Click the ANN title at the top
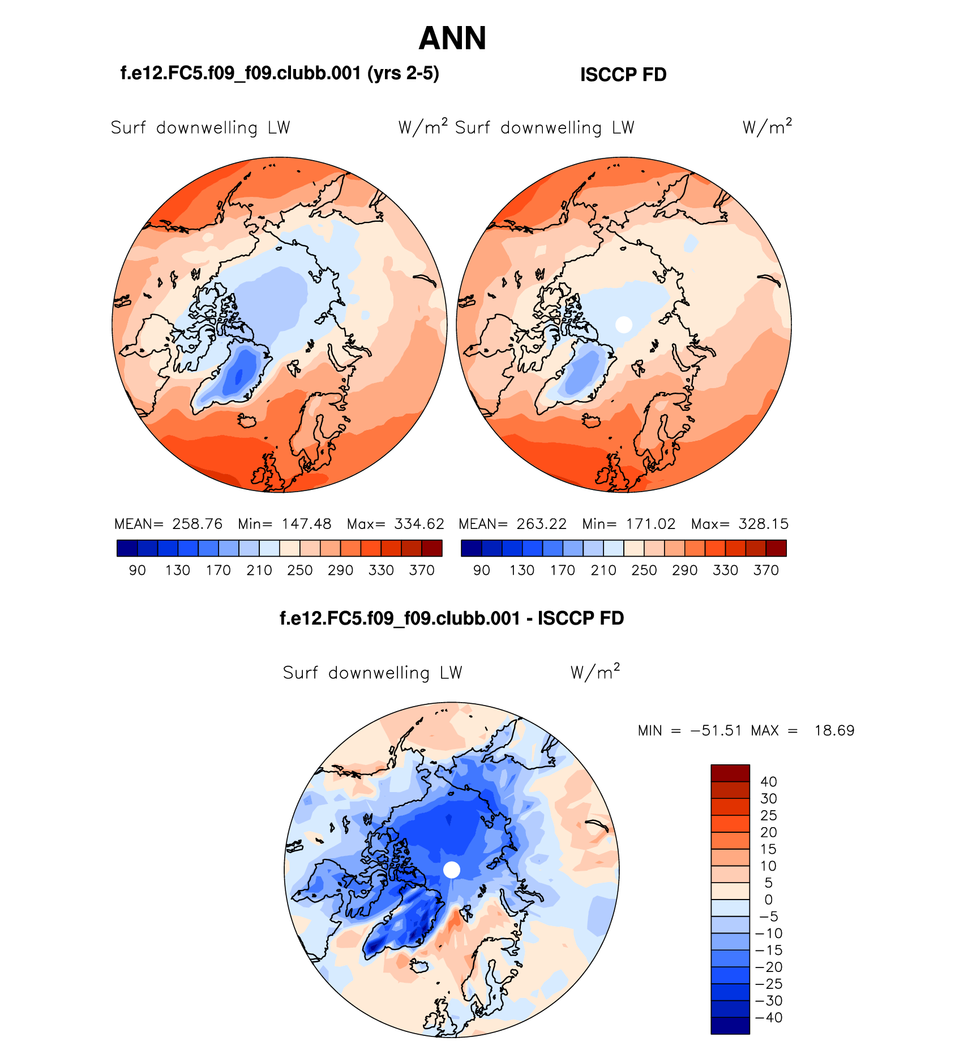(452, 38)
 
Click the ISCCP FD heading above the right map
(623, 75)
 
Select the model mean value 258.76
(198, 524)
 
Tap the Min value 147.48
(306, 524)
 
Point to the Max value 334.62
(419, 524)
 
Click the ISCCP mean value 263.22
(542, 524)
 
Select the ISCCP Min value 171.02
(650, 524)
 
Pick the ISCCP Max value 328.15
(763, 524)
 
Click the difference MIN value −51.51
(716, 730)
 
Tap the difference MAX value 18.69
(834, 730)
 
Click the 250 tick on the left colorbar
(299, 570)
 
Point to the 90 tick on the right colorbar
(481, 570)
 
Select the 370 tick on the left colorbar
(422, 570)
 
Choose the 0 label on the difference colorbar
(768, 900)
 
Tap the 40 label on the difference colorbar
(769, 782)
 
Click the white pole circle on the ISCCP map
(623, 325)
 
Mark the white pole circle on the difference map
(452, 870)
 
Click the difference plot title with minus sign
(452, 618)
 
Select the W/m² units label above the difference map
(595, 672)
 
